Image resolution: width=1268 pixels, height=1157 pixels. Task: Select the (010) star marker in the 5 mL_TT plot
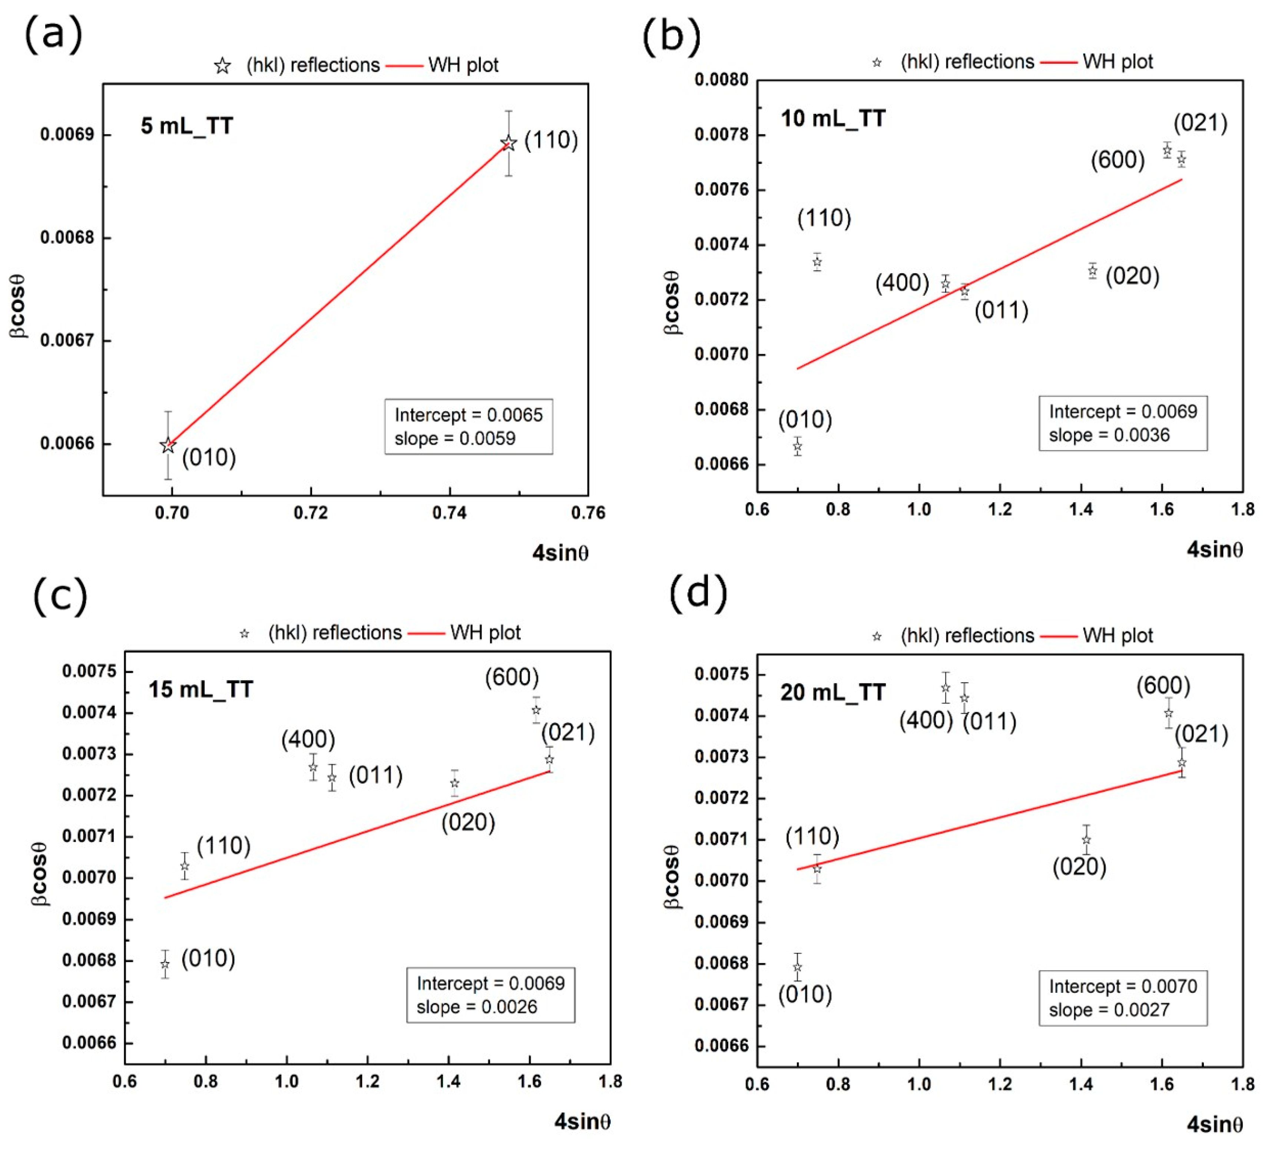168,446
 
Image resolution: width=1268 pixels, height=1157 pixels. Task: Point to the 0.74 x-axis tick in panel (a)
449,513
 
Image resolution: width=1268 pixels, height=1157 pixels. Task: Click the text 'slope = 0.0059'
455,439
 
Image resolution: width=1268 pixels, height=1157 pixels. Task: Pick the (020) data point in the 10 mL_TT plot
1093,271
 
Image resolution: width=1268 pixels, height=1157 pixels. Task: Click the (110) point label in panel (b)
824,218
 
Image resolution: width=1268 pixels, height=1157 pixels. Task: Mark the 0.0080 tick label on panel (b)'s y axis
721,80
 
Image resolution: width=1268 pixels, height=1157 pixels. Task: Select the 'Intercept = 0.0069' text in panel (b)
1123,411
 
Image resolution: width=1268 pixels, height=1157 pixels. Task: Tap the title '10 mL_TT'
833,118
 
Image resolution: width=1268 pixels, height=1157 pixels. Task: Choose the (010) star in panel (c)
165,965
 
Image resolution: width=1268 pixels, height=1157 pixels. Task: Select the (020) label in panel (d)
1079,867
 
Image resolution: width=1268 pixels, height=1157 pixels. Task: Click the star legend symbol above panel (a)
222,66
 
